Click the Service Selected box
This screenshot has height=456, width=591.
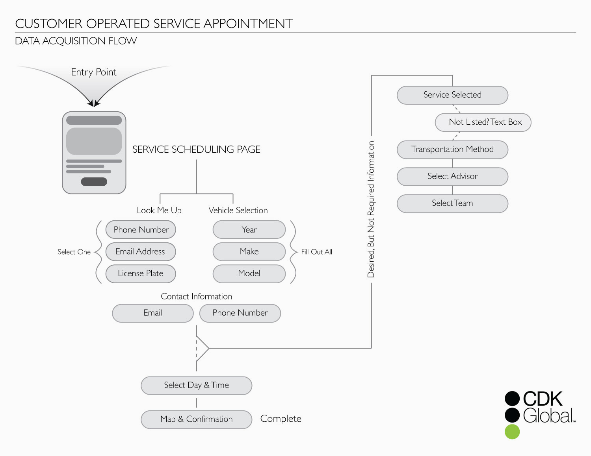point(452,95)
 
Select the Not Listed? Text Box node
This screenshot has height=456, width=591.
point(483,122)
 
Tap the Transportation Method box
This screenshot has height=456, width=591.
point(452,150)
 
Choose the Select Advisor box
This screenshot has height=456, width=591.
point(452,177)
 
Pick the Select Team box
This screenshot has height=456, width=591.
point(452,203)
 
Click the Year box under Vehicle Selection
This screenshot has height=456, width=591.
point(249,230)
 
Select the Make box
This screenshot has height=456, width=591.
point(249,252)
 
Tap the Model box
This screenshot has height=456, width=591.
point(249,273)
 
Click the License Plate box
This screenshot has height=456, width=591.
point(141,273)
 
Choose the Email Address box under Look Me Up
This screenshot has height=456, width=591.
point(141,252)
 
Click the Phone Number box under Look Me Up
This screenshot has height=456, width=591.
point(141,230)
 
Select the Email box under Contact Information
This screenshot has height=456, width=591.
point(153,313)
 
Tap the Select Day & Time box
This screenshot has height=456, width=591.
point(196,386)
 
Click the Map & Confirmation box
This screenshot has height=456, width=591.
point(196,419)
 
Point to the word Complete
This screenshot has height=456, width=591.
point(281,419)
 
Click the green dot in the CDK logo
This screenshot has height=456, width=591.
point(512,432)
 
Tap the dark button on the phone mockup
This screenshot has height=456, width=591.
point(94,181)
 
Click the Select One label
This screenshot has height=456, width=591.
point(74,252)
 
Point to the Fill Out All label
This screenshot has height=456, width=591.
point(316,252)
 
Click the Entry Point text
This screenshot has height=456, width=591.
point(94,72)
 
